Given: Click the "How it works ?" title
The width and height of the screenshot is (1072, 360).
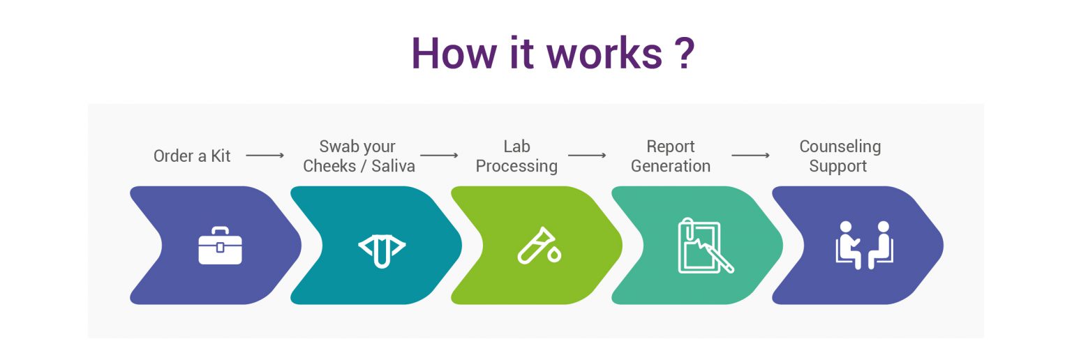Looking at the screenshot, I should [x=552, y=52].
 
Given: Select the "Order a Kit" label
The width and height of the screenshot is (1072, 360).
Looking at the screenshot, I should [x=192, y=156].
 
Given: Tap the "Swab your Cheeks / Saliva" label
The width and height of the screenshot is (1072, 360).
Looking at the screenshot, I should [x=359, y=156].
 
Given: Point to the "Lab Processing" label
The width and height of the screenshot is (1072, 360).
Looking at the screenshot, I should [x=516, y=156].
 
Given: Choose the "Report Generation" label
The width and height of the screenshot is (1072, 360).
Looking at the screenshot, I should [x=670, y=156].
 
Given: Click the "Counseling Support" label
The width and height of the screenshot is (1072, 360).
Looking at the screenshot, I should [x=840, y=156].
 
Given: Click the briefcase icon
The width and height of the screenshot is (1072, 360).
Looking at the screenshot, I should [x=220, y=246].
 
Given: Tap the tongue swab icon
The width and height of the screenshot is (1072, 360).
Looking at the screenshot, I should [x=381, y=246].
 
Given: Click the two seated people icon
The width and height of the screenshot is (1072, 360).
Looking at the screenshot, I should [x=864, y=246].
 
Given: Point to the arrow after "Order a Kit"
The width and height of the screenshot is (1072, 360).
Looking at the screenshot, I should [x=265, y=156].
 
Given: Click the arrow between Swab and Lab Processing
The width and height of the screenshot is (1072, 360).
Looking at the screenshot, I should [x=439, y=156].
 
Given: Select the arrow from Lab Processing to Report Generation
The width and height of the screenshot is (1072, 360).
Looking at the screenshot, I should [x=587, y=156].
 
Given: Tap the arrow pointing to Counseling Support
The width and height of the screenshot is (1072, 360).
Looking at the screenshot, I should [x=750, y=156].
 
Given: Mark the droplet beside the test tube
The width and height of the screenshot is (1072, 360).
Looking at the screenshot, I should [x=554, y=255].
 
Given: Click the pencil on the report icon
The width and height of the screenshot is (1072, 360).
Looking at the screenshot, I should [x=720, y=258].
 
